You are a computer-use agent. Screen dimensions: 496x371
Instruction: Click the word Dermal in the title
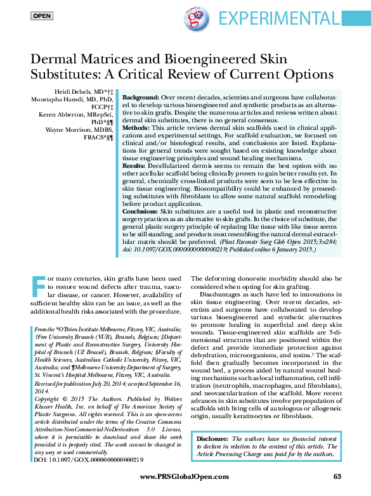point(55,60)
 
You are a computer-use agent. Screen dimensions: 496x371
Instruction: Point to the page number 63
point(337,476)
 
